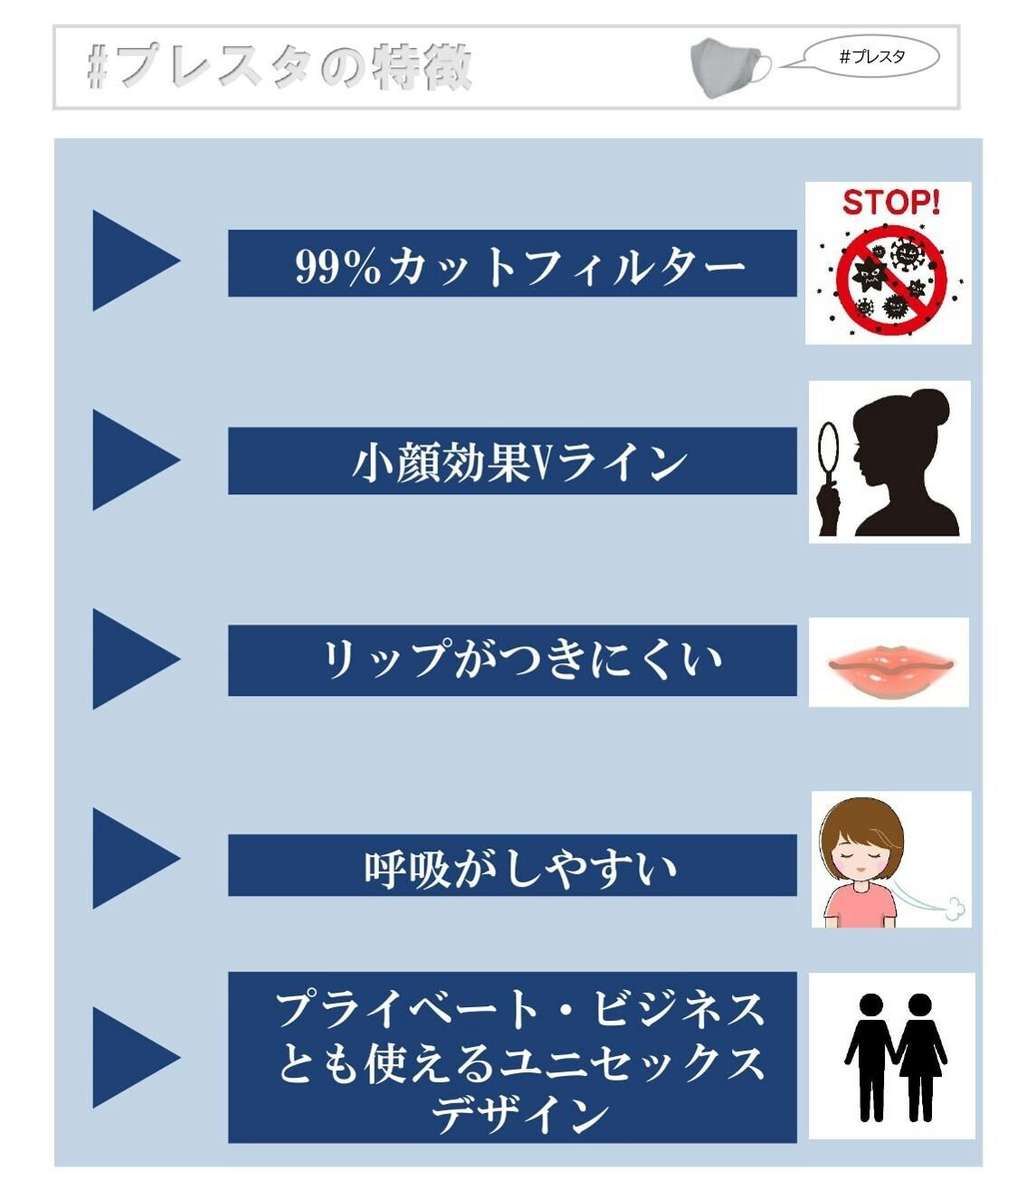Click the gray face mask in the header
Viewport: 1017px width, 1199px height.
pos(729,68)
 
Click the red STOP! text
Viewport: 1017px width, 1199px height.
pos(890,203)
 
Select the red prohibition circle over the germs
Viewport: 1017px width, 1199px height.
pos(890,280)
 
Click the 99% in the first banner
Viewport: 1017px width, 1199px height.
pos(337,266)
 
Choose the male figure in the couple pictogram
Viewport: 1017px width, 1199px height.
pos(870,1057)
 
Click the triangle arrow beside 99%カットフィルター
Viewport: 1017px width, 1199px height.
pos(136,261)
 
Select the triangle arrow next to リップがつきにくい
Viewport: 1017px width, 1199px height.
pos(136,659)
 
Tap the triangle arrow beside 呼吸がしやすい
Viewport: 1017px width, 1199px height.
pos(136,858)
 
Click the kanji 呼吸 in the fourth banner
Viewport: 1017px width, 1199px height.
pos(406,869)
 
